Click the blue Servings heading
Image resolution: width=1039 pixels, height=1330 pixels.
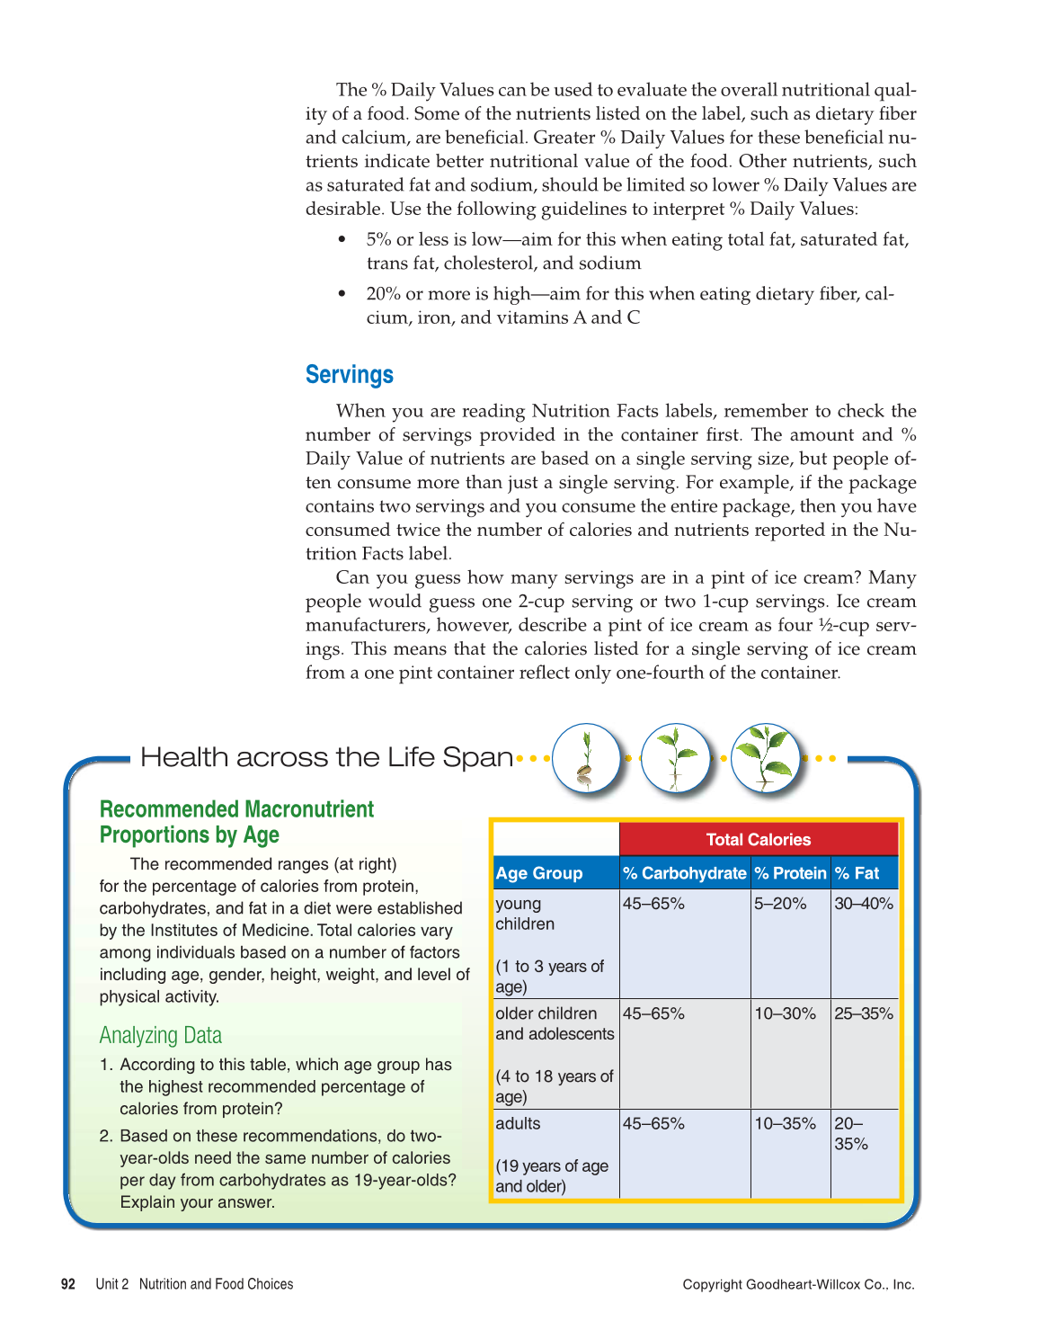[349, 375]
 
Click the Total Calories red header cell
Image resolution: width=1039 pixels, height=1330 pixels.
[758, 839]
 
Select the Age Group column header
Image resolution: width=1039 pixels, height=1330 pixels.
[539, 873]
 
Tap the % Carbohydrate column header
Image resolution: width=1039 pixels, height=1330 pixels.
[684, 873]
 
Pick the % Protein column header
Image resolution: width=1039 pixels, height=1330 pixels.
[790, 873]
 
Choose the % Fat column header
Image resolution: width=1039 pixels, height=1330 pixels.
[857, 873]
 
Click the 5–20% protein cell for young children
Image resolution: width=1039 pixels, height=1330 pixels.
[780, 904]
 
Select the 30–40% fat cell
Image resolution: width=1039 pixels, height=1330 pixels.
[864, 904]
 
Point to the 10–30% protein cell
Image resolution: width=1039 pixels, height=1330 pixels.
[785, 1013]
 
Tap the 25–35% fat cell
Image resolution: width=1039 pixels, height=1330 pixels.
[864, 1013]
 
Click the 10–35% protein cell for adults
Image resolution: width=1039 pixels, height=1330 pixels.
[785, 1123]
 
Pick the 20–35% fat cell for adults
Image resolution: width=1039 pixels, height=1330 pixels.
[851, 1133]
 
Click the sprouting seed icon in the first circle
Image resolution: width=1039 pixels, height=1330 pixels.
[585, 758]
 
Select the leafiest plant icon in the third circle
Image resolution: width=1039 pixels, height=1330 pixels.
[765, 758]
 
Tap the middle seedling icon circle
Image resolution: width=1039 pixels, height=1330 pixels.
[675, 758]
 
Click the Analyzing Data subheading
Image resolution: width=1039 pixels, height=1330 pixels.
[160, 1035]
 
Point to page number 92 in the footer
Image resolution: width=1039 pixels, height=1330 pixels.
[68, 1284]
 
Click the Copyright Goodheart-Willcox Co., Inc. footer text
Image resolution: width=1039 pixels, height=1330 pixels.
[798, 1284]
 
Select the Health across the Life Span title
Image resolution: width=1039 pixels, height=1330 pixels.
[326, 757]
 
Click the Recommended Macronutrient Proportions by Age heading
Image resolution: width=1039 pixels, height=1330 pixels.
[236, 822]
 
